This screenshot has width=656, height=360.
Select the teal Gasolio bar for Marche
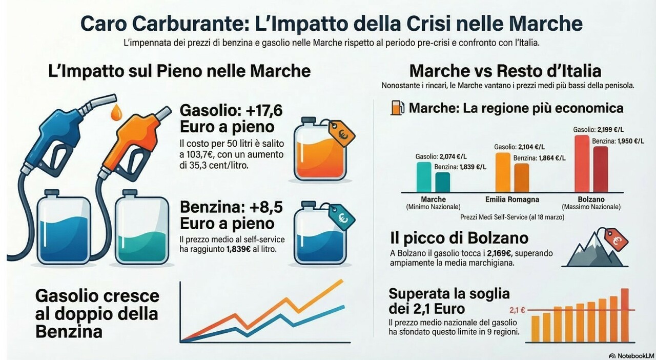tap(424, 177)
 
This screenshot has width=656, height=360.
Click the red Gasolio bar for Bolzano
tap(582, 163)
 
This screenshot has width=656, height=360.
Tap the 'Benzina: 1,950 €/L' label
tap(618, 141)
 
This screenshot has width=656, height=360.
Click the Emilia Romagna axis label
tap(511, 199)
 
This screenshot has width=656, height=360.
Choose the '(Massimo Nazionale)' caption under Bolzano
tap(591, 207)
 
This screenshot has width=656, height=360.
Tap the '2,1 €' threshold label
tap(518, 310)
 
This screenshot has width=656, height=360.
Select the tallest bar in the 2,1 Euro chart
tap(624, 315)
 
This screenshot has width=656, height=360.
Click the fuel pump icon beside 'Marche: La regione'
tap(397, 108)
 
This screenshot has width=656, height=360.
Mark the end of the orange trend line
tap(343, 281)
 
